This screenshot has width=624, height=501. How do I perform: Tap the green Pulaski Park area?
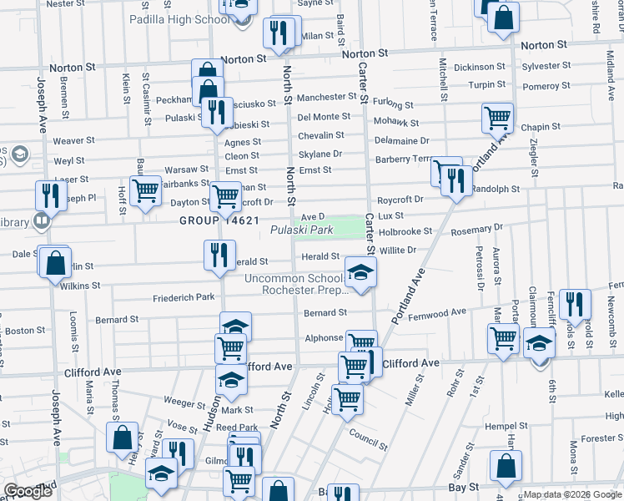pos(366,226)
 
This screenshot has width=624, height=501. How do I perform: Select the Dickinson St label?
pos(480,67)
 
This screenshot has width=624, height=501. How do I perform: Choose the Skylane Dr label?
pos(320,154)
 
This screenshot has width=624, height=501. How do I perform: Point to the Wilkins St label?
pos(80,286)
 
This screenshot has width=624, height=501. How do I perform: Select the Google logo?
pos(28,491)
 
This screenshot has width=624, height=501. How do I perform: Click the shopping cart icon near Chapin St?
pos(497,119)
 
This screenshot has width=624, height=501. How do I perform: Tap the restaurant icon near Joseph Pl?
pos(51,195)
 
